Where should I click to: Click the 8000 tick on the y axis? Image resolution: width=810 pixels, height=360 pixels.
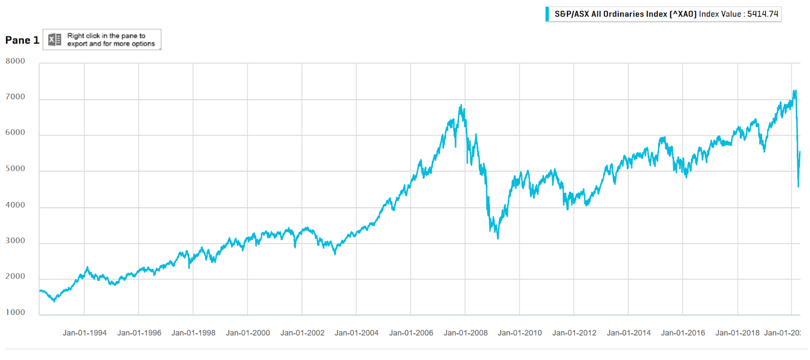(x=15, y=61)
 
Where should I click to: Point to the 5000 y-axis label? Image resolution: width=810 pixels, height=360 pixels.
(x=15, y=169)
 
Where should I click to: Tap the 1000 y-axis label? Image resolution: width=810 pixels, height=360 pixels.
(x=15, y=312)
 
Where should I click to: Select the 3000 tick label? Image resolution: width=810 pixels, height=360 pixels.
(x=15, y=241)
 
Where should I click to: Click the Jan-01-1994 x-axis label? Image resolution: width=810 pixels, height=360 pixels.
(x=85, y=333)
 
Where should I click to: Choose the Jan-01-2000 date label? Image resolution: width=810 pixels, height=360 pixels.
(x=248, y=333)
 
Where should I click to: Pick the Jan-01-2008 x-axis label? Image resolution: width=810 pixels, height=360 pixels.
(x=465, y=333)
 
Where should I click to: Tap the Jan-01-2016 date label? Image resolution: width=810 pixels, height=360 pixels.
(x=682, y=333)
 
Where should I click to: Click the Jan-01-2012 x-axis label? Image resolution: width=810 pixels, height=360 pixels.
(x=574, y=333)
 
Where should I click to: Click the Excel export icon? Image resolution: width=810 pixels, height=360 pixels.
(x=55, y=39)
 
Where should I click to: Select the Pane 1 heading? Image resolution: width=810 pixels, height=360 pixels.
(x=22, y=41)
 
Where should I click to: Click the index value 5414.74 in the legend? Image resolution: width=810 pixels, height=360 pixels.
(x=762, y=14)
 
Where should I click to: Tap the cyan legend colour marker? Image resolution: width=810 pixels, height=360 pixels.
(x=547, y=14)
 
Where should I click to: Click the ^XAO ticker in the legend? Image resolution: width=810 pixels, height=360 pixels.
(x=683, y=14)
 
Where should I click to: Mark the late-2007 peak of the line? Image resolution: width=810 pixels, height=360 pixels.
(x=461, y=105)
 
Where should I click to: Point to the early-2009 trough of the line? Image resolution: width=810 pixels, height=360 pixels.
(x=498, y=238)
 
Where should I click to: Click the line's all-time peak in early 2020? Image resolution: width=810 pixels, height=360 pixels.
(x=795, y=91)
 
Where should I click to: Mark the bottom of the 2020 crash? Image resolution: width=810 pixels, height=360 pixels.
(x=798, y=186)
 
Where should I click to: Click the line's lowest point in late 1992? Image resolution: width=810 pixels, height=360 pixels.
(x=55, y=301)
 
